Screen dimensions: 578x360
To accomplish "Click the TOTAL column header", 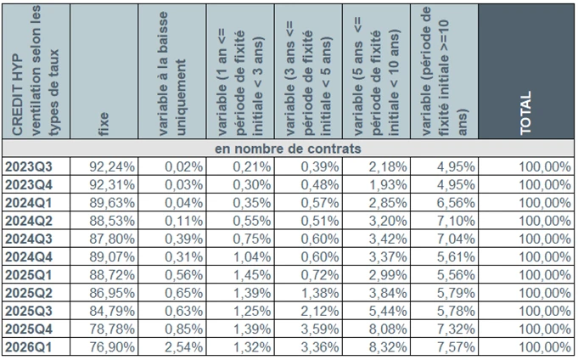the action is pos(525,113).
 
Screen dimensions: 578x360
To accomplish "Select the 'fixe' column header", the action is pos(104,124).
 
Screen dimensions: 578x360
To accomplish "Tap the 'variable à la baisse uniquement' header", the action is pos(171,74).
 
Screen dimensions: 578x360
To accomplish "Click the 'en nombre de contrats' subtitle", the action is pos(288,149).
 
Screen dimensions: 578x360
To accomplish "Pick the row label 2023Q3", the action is pos(29,166).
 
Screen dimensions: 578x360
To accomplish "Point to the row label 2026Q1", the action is pos(29,347).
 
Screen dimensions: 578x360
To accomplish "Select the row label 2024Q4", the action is pos(29,257).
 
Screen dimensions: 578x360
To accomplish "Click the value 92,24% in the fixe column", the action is pos(112,166).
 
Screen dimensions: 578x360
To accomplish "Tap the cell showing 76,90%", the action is pos(112,347).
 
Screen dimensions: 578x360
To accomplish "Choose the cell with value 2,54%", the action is pos(183,347).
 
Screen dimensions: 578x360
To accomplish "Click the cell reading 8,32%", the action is pos(388,347).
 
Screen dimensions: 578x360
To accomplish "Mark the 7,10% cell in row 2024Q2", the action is pos(456,221).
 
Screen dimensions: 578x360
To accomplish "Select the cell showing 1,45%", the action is pos(252,275).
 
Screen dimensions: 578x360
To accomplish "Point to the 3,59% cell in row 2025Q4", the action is pos(320,329).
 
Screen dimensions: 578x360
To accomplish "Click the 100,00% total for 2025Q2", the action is pos(545,293).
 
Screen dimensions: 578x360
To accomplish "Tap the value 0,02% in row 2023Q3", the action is pos(183,166).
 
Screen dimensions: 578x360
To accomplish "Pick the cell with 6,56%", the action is pos(456,203).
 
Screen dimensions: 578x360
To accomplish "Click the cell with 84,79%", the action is pos(112,312).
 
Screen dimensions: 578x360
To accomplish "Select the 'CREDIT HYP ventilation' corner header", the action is pos(36,70).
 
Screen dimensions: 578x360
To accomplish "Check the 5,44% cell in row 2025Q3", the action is pos(388,312).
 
